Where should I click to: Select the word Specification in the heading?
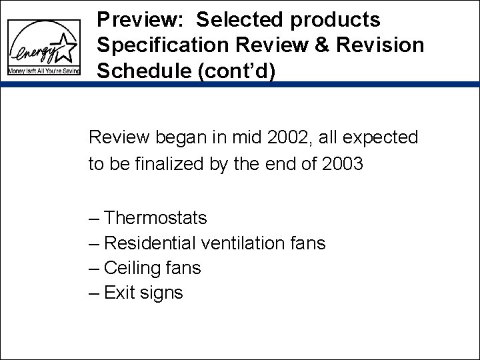(x=167, y=45)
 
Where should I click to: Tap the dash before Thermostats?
(x=95, y=219)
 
